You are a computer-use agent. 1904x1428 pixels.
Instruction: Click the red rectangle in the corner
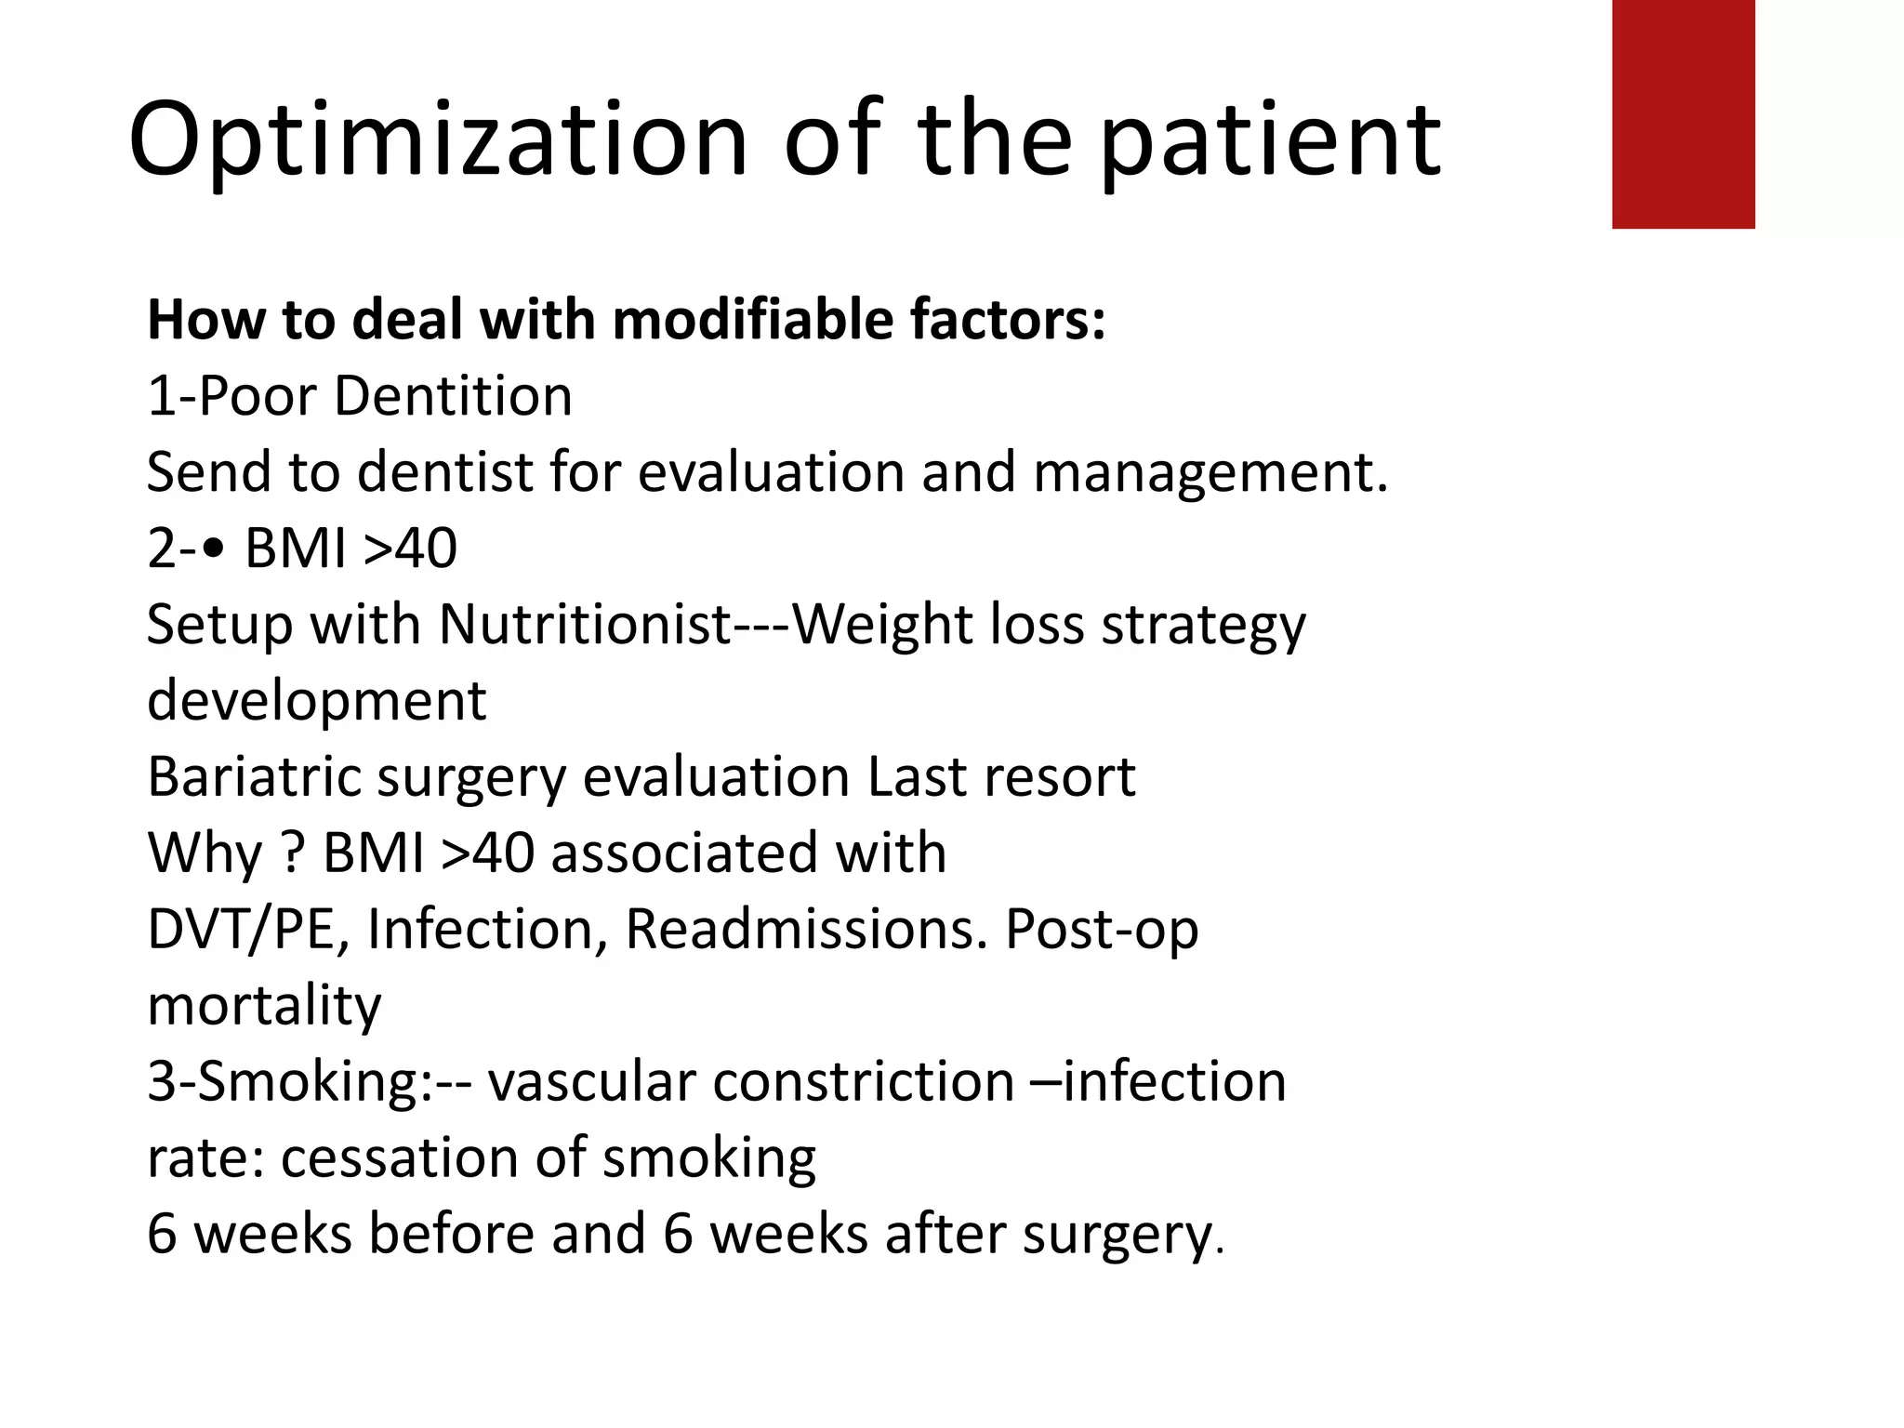pyautogui.click(x=1683, y=113)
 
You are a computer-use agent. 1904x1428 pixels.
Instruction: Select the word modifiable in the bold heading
pyautogui.click(x=751, y=320)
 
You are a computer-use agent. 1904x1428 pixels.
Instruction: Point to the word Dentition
pyautogui.click(x=453, y=396)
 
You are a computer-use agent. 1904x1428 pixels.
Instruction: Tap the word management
pyautogui.click(x=1210, y=472)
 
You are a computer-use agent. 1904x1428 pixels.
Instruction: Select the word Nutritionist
pyautogui.click(x=585, y=624)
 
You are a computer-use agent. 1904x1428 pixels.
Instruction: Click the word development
pyautogui.click(x=316, y=701)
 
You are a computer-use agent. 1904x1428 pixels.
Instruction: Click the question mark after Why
pyautogui.click(x=292, y=853)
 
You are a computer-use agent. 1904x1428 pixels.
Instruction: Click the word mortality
pyautogui.click(x=264, y=1006)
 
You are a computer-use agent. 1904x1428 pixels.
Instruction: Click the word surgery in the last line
pyautogui.click(x=1116, y=1235)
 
